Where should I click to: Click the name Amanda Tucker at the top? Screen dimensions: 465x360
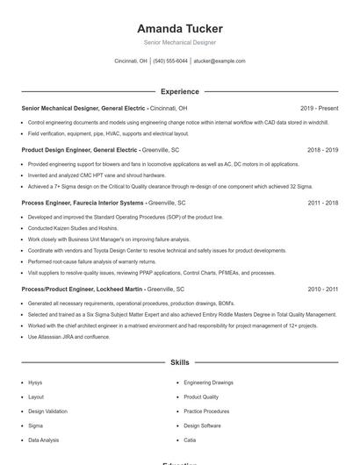(180, 29)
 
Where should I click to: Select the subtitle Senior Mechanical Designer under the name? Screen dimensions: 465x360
(180, 42)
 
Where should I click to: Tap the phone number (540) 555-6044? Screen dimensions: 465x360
(170, 61)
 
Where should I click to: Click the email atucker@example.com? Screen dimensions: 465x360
(220, 61)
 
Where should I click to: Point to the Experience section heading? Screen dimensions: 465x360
(180, 91)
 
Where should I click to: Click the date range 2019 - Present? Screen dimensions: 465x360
(319, 108)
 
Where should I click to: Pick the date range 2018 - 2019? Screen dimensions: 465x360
(322, 150)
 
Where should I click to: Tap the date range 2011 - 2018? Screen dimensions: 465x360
(322, 202)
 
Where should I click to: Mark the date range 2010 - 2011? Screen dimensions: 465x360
(322, 289)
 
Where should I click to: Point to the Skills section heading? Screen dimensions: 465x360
(180, 361)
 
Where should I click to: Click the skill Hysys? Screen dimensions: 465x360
(35, 383)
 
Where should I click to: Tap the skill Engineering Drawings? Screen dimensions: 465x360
(208, 383)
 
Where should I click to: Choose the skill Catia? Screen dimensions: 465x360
(190, 440)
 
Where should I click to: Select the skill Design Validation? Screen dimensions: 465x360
(47, 411)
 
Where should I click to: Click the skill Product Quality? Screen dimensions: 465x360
(201, 397)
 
